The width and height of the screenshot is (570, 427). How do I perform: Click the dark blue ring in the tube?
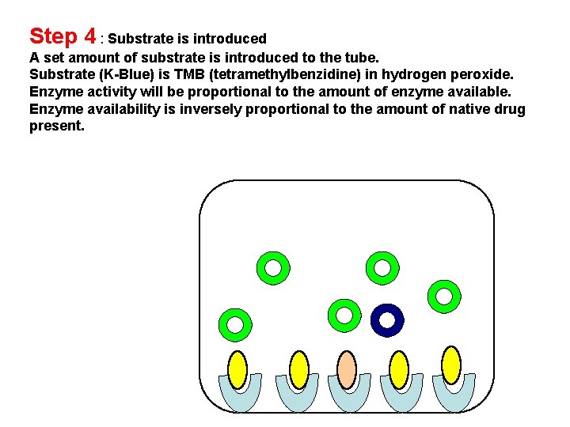[x=387, y=321]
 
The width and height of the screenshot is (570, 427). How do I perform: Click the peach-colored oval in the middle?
[x=346, y=368]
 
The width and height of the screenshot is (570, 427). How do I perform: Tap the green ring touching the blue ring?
[x=344, y=315]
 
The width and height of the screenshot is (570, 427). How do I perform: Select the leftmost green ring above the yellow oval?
[x=235, y=323]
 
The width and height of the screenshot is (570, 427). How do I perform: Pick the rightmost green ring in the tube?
[x=444, y=296]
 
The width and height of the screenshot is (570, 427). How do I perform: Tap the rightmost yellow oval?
[x=450, y=365]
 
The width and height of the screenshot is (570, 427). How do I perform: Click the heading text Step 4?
[x=63, y=36]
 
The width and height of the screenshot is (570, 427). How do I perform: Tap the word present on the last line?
[x=56, y=126]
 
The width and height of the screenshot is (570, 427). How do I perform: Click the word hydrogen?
[x=416, y=75]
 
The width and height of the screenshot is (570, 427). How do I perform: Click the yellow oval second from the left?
[x=298, y=368]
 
